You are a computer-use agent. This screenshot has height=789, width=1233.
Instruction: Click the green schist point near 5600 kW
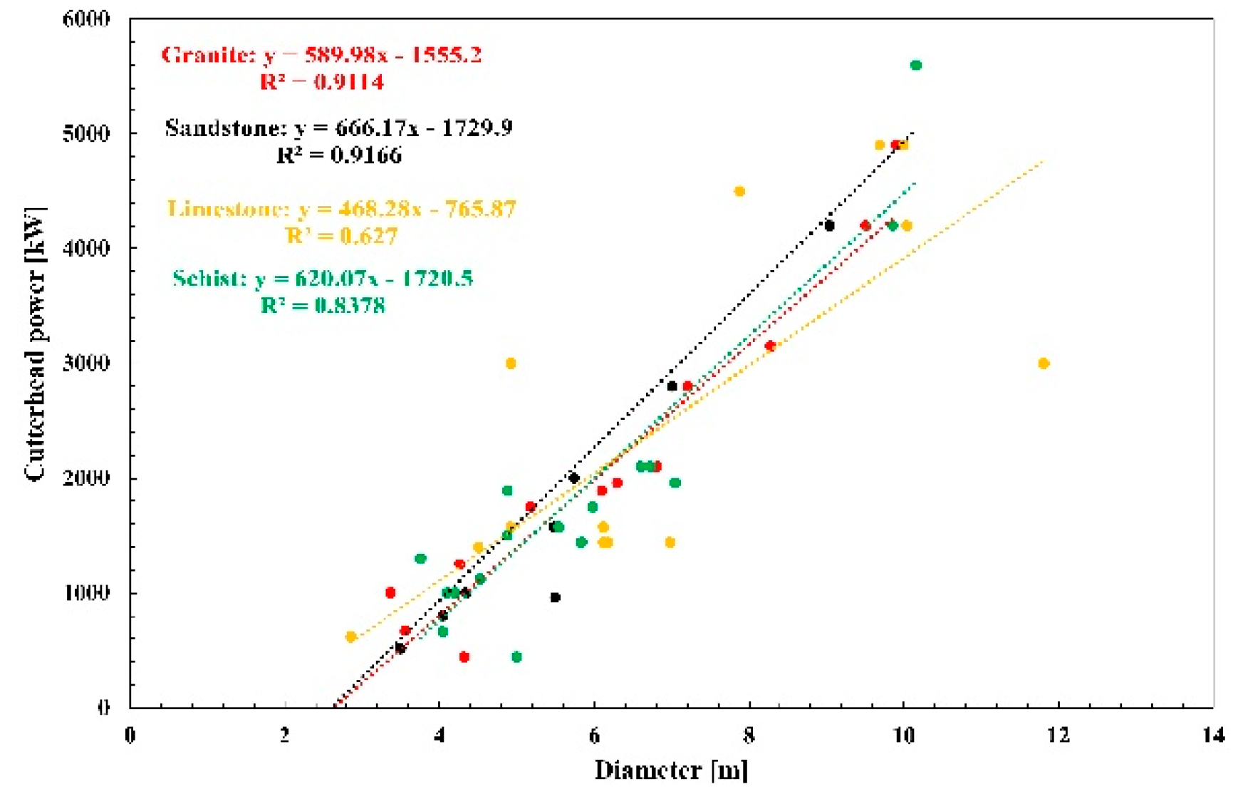tap(916, 66)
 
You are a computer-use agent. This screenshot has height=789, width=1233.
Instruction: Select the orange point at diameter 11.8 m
tap(1044, 363)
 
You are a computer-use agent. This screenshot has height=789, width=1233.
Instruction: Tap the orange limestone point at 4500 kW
tap(739, 191)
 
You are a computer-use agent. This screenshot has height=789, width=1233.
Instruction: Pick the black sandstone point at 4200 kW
tap(829, 226)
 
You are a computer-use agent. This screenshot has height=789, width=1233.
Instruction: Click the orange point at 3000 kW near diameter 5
tap(511, 363)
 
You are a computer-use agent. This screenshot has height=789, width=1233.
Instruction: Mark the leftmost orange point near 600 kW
tap(350, 636)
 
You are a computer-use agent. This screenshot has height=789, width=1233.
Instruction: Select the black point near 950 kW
tap(555, 597)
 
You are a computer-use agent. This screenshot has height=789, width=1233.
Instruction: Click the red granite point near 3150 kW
tap(770, 346)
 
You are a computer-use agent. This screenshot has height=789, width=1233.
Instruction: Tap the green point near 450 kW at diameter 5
tap(516, 656)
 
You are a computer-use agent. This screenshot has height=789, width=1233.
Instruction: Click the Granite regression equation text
tap(321, 55)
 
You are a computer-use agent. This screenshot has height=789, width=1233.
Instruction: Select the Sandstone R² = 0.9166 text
tap(339, 155)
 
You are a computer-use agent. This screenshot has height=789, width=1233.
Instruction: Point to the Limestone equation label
tap(341, 209)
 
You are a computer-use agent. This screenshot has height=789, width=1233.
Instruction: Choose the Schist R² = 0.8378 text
tap(323, 306)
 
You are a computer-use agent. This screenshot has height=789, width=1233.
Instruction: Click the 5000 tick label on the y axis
tap(86, 134)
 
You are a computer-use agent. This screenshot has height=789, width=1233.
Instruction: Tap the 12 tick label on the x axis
tap(1058, 735)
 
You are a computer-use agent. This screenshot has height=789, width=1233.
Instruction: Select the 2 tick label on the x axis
tap(285, 735)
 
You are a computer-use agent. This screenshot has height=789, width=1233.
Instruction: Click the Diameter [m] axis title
tap(671, 770)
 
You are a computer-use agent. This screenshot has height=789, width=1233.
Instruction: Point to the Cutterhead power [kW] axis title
tap(34, 344)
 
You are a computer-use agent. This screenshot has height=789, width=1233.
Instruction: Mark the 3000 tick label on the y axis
tap(86, 363)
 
